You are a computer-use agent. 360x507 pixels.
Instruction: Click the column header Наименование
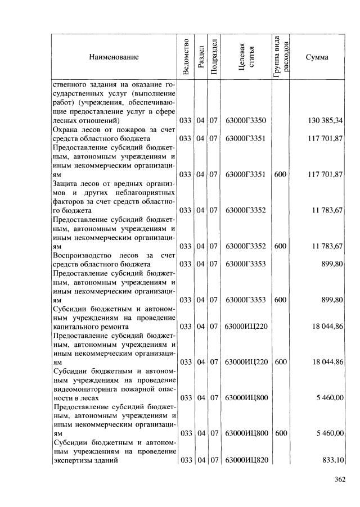pyautogui.click(x=113, y=57)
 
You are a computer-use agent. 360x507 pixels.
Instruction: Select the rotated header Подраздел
pyautogui.click(x=214, y=57)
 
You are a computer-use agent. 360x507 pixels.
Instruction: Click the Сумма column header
pyautogui.click(x=317, y=57)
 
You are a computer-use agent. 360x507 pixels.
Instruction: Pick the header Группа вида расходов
pyautogui.click(x=281, y=57)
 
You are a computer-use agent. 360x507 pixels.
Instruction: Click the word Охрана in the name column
pyautogui.click(x=65, y=129)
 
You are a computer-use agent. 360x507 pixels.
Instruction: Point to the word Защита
pyautogui.click(x=66, y=184)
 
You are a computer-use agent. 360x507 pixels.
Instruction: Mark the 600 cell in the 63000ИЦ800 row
pyautogui.click(x=281, y=433)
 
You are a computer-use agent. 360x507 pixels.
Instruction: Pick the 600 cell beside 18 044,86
pyautogui.click(x=281, y=362)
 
